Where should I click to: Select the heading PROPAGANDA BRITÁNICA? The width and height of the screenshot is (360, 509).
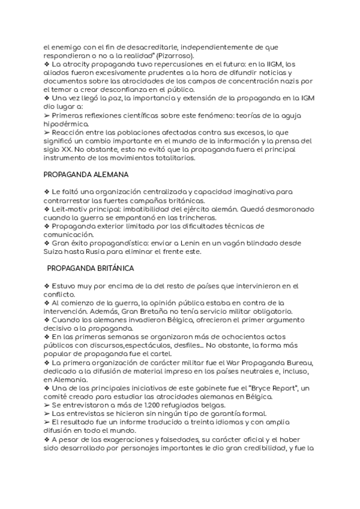pos(90,268)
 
